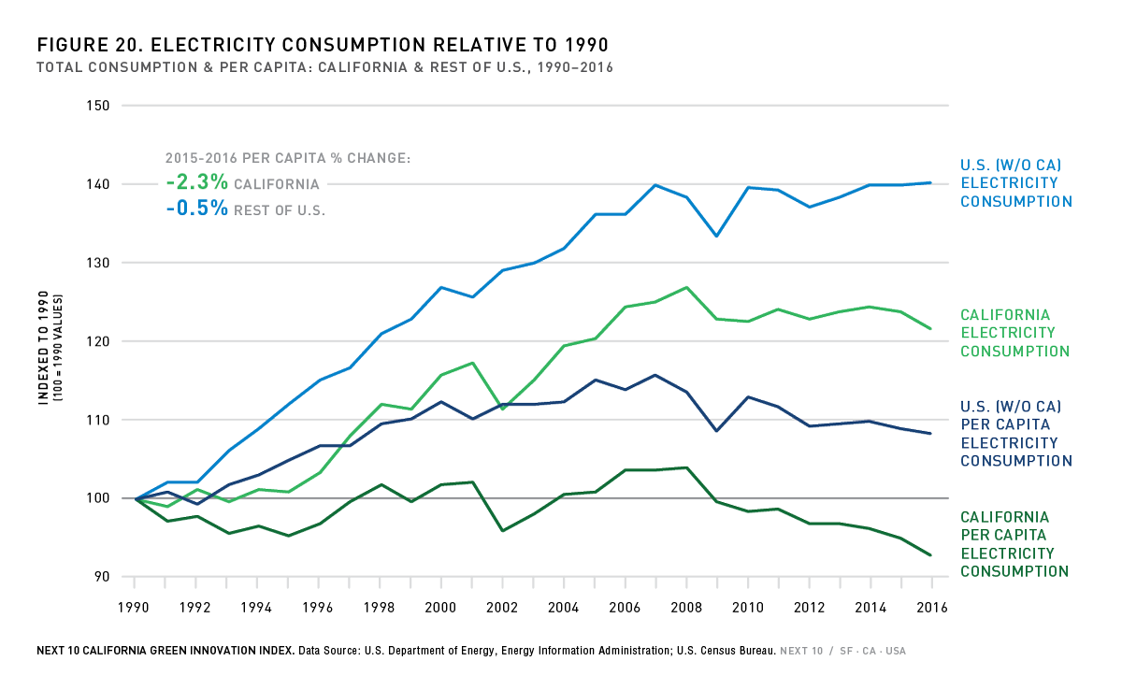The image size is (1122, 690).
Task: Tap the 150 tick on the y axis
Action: tap(102, 106)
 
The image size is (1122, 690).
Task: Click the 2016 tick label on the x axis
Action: tap(931, 608)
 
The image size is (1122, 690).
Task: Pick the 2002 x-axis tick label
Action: tap(504, 608)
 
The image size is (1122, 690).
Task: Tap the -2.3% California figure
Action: tap(196, 183)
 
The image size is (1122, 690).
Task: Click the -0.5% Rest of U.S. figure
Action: tap(196, 208)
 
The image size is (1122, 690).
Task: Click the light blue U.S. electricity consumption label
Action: tap(1015, 183)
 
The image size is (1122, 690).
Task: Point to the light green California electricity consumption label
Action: tap(1014, 333)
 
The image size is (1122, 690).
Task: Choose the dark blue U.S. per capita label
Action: tap(1015, 434)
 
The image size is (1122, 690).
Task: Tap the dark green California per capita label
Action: tap(1014, 544)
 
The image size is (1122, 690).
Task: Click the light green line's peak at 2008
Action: tap(686, 287)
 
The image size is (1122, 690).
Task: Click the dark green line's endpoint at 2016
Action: tap(931, 555)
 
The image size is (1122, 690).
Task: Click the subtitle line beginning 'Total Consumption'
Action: tap(324, 68)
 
